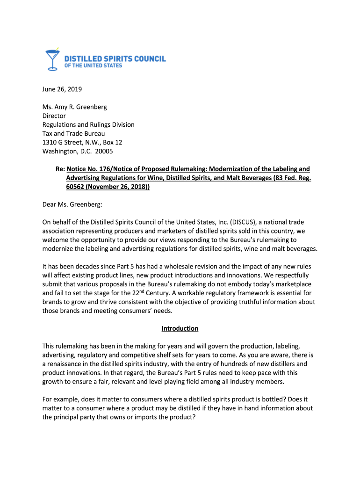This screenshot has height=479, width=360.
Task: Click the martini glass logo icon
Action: [x=53, y=59]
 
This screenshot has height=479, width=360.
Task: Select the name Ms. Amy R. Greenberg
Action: [x=75, y=107]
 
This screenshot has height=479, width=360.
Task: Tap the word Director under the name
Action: [x=54, y=116]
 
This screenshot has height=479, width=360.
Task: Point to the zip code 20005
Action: [x=104, y=152]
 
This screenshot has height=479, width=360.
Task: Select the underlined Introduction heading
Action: [x=180, y=329]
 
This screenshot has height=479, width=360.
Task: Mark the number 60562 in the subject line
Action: [x=77, y=187]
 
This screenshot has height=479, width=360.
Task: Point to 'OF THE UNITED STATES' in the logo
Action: [x=93, y=66]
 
